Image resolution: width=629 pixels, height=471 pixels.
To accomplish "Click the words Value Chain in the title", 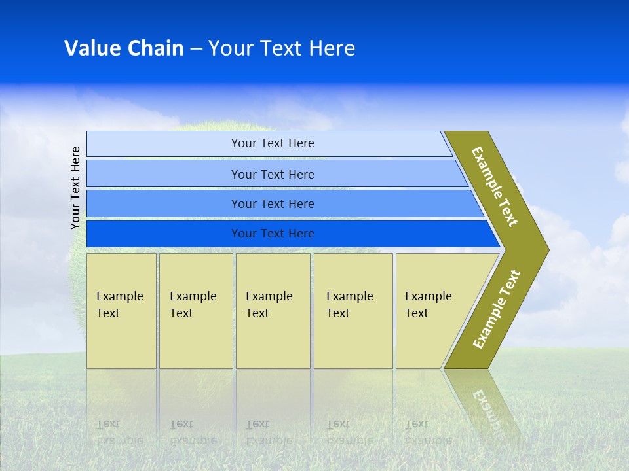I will click(124, 48).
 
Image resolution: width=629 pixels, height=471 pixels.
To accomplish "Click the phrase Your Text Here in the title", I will click(282, 48).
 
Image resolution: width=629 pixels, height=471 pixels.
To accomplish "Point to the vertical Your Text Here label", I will click(75, 188).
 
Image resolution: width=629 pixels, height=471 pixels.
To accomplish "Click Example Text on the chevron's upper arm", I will click(495, 186).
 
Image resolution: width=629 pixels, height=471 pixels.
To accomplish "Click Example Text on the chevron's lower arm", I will click(497, 309).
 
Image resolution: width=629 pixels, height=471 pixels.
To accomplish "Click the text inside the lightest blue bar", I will click(273, 143).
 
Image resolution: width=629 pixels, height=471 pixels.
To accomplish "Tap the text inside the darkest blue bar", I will click(273, 234).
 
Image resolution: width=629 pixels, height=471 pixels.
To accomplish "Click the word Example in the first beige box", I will click(119, 296).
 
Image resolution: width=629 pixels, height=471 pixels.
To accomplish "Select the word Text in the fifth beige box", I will click(416, 313).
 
